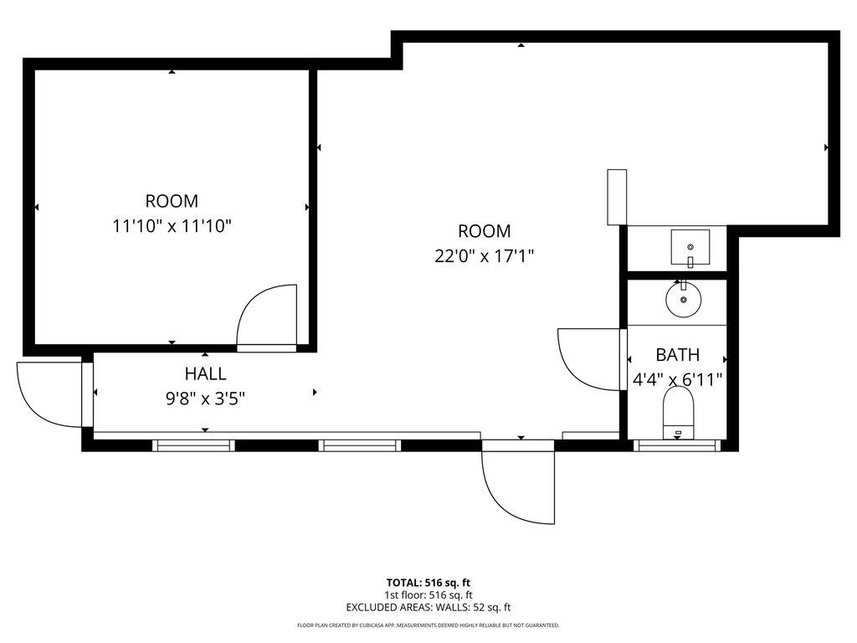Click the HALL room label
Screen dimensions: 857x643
(x=206, y=373)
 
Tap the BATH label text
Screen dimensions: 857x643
(x=677, y=355)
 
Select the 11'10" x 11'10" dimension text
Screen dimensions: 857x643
(x=172, y=226)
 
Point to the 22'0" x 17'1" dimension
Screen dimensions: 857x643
(x=485, y=255)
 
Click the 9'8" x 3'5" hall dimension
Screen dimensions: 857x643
(x=205, y=399)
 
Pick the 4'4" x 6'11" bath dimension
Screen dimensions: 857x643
(x=678, y=379)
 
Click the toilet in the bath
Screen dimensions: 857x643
(x=678, y=413)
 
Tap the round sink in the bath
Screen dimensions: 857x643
(x=683, y=300)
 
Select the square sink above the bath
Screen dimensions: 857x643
(x=690, y=247)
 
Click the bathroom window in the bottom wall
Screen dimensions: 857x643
(x=678, y=445)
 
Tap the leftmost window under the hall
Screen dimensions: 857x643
(x=193, y=445)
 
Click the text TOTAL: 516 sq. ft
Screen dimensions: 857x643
(x=428, y=583)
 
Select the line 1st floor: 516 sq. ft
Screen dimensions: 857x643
(x=428, y=595)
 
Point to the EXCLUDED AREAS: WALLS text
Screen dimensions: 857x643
(x=428, y=608)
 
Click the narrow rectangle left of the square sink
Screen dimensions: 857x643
(x=617, y=197)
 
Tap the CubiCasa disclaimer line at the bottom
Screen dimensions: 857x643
(x=428, y=625)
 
